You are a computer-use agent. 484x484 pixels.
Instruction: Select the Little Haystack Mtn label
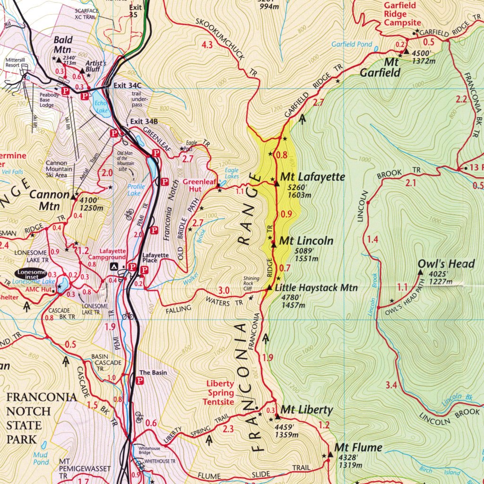[x=316, y=287]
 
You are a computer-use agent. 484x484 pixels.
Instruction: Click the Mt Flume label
[x=358, y=447]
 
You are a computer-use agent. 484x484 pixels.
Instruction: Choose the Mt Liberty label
[x=307, y=409]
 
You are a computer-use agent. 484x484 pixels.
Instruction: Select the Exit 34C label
[x=128, y=86]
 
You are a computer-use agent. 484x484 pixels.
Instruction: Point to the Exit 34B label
[x=144, y=121]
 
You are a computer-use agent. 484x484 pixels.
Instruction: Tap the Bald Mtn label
[x=62, y=45]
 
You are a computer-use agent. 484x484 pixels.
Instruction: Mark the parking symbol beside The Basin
[x=140, y=380]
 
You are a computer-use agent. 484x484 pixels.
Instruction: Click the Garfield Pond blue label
[x=352, y=44]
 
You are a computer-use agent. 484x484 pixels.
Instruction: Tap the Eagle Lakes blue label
[x=232, y=173]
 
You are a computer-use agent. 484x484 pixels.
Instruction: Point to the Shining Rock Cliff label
[x=251, y=284]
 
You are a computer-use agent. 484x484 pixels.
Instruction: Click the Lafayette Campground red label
[x=112, y=254]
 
